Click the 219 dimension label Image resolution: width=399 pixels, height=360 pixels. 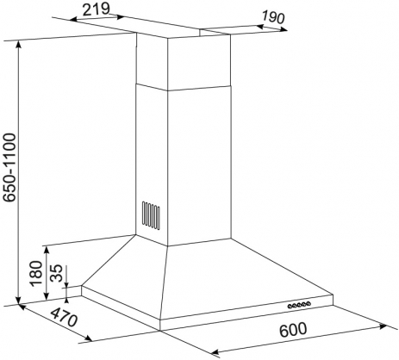click(96, 9)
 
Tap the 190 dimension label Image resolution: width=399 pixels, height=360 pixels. click(273, 18)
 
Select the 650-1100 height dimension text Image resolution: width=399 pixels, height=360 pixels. click(11, 167)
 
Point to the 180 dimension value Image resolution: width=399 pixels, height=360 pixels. click(36, 273)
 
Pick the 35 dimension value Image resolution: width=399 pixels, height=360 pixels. click(56, 273)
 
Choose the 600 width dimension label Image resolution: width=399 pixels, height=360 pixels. click(293, 330)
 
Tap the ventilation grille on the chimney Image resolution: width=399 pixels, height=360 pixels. click(151, 215)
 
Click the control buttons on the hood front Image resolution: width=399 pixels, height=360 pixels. click(299, 305)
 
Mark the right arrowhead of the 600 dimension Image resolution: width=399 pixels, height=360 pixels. click(383, 326)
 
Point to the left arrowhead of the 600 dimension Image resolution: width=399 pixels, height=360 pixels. click(215, 352)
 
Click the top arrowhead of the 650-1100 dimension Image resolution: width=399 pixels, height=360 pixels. click(19, 45)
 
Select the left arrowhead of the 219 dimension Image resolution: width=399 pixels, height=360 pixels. click(73, 20)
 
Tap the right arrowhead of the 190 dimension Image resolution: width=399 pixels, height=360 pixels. click(284, 29)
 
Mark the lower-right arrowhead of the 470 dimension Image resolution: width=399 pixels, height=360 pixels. click(88, 338)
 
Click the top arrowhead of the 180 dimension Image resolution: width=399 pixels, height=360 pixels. click(47, 250)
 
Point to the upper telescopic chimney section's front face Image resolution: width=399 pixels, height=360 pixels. click(199, 64)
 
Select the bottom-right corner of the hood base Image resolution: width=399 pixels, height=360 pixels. click(333, 305)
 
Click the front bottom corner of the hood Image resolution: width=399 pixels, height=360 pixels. click(160, 331)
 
